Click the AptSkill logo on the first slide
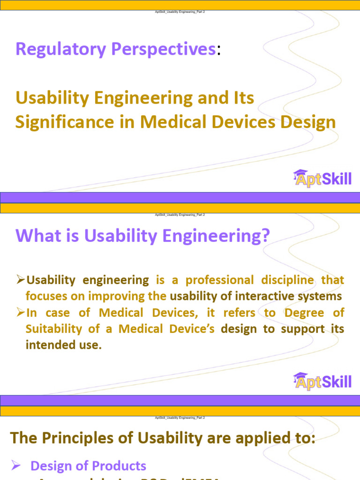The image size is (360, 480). click(322, 179)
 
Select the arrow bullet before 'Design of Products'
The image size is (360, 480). click(15, 466)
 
